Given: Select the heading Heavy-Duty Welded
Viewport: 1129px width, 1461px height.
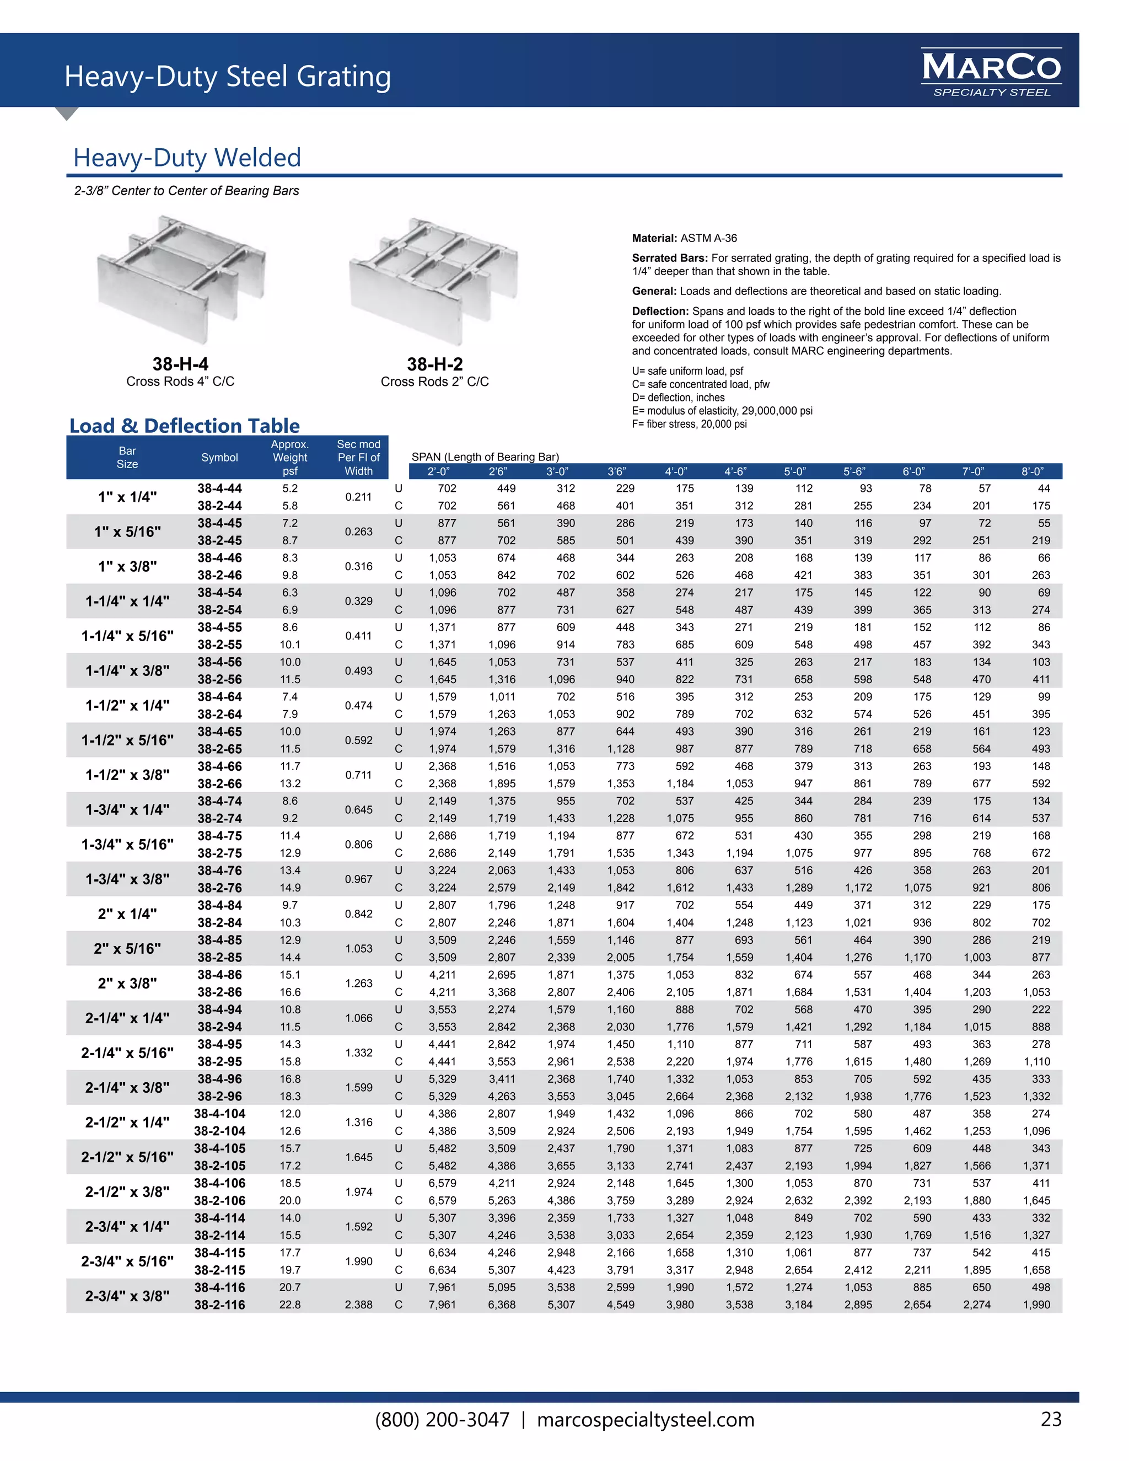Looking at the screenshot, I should [187, 158].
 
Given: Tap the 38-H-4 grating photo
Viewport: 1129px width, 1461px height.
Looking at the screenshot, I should [181, 280].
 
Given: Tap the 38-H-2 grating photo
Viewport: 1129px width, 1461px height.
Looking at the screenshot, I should [433, 280].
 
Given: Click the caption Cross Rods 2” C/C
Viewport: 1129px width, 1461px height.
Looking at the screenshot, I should [435, 382].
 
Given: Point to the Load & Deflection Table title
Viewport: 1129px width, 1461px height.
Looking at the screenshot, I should [185, 426].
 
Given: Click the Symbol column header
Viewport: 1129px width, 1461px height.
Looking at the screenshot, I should [219, 458].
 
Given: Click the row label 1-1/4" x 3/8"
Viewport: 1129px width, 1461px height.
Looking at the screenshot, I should [127, 670].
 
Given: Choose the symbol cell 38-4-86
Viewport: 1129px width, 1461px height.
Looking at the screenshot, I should [219, 975].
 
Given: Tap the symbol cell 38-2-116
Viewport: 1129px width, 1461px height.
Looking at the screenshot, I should [219, 1304].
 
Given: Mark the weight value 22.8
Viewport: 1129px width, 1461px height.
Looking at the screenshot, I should [289, 1304].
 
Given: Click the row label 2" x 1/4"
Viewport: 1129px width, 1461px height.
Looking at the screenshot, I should [127, 914].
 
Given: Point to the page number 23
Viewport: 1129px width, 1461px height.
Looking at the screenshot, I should [1051, 1419].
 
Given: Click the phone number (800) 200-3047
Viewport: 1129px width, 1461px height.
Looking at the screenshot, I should [442, 1420].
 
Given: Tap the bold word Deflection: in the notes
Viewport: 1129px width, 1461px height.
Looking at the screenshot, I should [660, 311].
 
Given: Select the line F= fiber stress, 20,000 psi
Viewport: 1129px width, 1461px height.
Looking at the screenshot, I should [689, 424].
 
